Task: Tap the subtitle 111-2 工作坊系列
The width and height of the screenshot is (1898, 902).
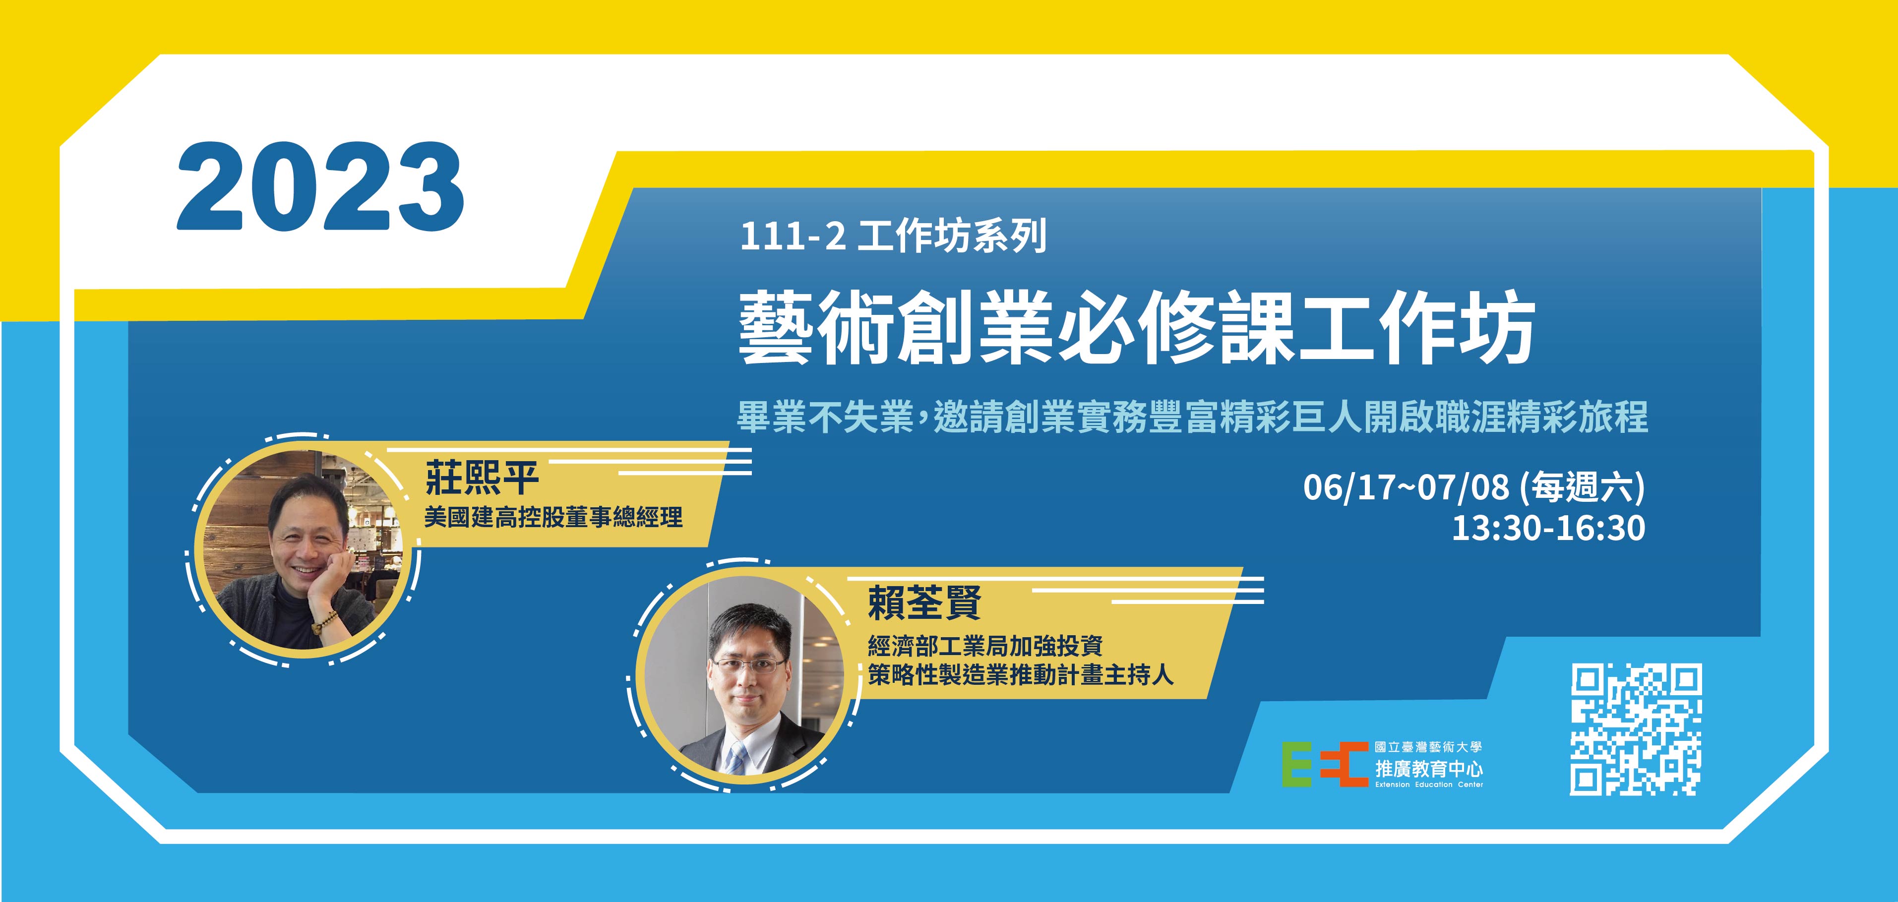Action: coord(893,238)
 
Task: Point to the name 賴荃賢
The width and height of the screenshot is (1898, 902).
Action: coord(924,603)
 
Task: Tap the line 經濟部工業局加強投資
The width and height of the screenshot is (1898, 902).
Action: coord(985,646)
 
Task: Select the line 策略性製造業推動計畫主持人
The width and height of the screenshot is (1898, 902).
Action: coord(1021,675)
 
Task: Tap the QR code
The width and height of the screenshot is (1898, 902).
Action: coord(1636,729)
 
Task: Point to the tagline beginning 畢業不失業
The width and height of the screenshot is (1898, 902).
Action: coord(1193,417)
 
